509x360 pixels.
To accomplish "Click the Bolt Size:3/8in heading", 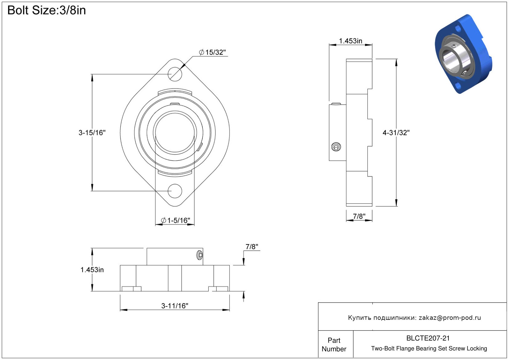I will coord(46,11).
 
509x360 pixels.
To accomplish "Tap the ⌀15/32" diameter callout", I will coord(213,52).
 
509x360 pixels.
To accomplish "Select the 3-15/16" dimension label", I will coord(92,133).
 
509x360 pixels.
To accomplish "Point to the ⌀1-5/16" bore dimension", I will coord(176,220).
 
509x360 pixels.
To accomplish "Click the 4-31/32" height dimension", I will coord(396,133).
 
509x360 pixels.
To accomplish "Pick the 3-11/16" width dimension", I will coord(175,306).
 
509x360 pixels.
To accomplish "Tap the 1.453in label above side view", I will coord(350,41).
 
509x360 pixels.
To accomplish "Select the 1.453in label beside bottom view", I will coord(92,270).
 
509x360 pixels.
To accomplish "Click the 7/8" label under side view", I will coord(359,216).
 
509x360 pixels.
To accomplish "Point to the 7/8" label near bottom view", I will coord(252,247).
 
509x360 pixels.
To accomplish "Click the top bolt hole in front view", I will coord(175,74).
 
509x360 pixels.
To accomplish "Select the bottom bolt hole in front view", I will coord(175,191).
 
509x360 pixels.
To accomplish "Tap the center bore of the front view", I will coord(175,132).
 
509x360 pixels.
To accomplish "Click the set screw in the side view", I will coord(336,147).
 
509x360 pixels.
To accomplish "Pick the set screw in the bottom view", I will coord(200,255).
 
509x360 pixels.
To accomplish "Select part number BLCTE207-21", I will coord(428,338).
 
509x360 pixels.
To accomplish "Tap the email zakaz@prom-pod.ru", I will coord(450,318).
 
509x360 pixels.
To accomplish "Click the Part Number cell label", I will coord(334,345).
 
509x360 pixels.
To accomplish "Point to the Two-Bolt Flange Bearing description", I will coord(429,349).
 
